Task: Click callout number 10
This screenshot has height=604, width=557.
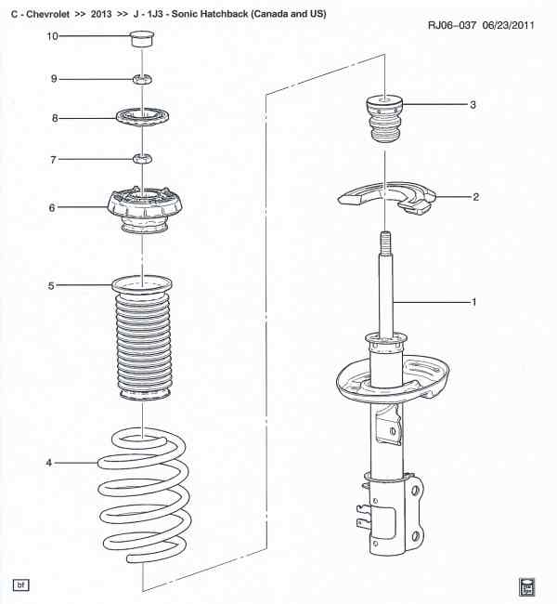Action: coord(52,36)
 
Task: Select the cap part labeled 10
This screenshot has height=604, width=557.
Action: coord(142,38)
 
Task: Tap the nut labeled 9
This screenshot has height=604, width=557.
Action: coord(142,79)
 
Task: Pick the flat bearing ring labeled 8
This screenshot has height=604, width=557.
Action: coord(142,117)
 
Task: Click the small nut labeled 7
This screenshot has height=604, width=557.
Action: coord(142,158)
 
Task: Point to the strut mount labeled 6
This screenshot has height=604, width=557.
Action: coord(144,210)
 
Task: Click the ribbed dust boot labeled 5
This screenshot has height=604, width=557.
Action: coord(143,338)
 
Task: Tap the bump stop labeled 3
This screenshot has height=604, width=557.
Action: coord(384,119)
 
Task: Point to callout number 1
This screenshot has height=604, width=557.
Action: coord(473,302)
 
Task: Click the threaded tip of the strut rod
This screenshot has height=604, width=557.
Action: coord(385,241)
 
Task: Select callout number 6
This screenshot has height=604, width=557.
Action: coord(52,207)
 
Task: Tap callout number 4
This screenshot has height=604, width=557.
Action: coord(48,463)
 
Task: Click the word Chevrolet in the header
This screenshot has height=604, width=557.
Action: coord(47,14)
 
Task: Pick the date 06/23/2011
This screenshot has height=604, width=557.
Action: coord(508,25)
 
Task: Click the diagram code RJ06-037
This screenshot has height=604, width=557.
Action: coord(452,25)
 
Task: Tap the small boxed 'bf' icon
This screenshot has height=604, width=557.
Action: coord(20,585)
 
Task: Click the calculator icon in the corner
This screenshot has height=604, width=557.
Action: coord(527,587)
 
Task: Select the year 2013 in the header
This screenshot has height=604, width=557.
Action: coord(101,14)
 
